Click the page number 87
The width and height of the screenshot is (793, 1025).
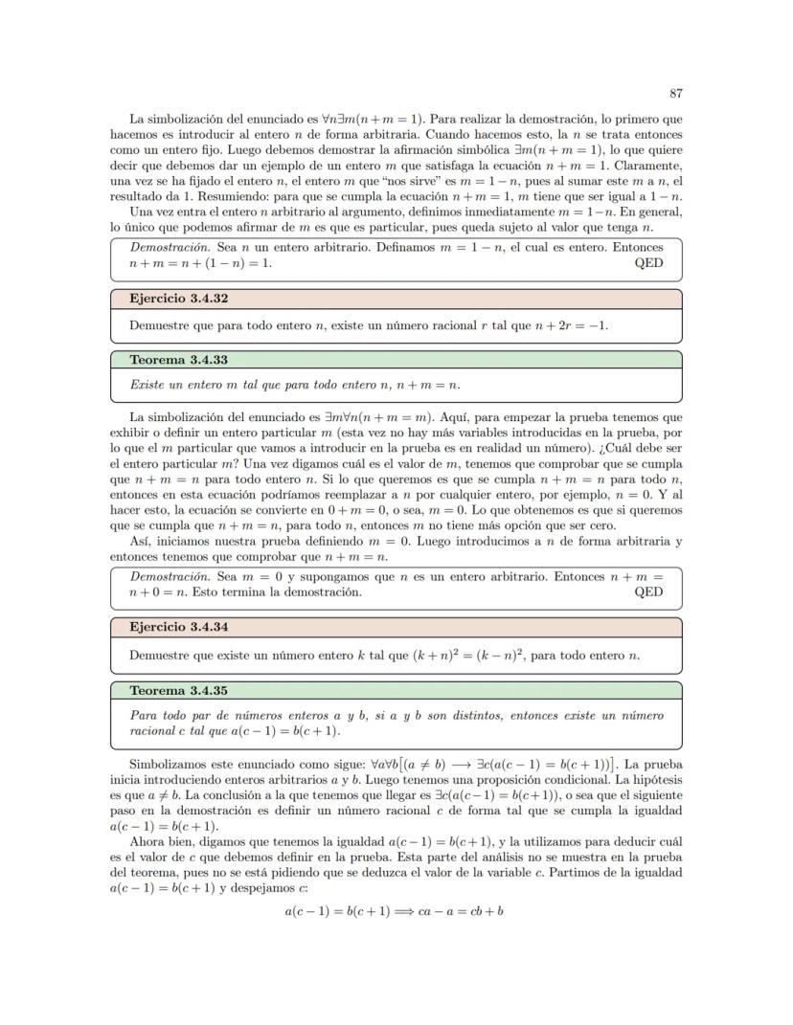tap(675, 93)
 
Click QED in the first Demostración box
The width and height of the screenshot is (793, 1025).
tap(648, 261)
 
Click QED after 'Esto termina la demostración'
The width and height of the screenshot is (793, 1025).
tap(648, 591)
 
